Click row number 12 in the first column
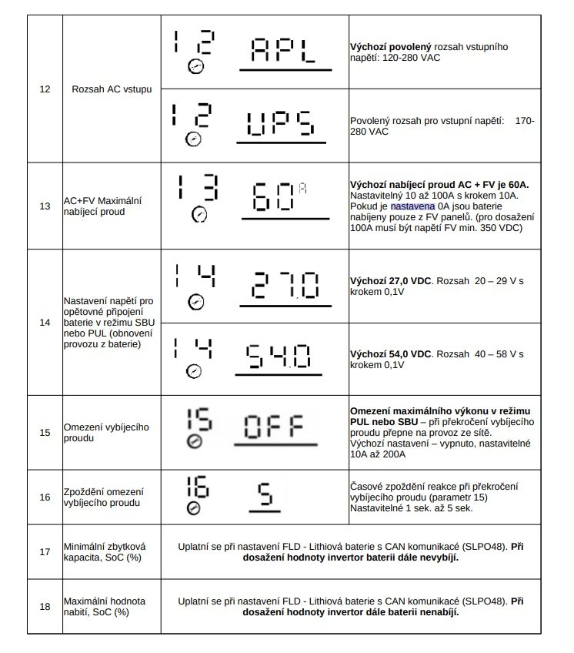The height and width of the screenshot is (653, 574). (x=45, y=89)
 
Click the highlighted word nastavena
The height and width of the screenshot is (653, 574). (x=413, y=206)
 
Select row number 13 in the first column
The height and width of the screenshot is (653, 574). (x=45, y=206)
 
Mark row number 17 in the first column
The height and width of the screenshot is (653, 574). (x=45, y=551)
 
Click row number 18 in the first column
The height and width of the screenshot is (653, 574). (x=45, y=606)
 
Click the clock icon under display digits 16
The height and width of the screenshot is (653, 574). (x=194, y=509)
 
